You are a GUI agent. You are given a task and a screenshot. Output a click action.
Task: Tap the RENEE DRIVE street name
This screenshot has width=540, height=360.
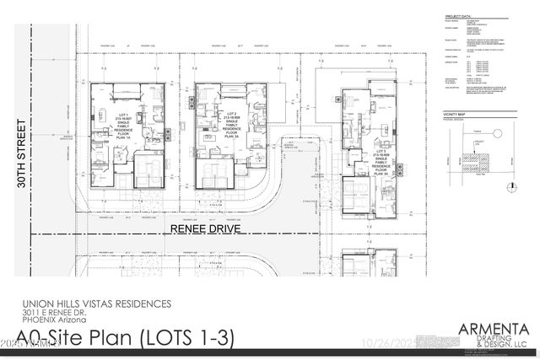click(197, 229)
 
